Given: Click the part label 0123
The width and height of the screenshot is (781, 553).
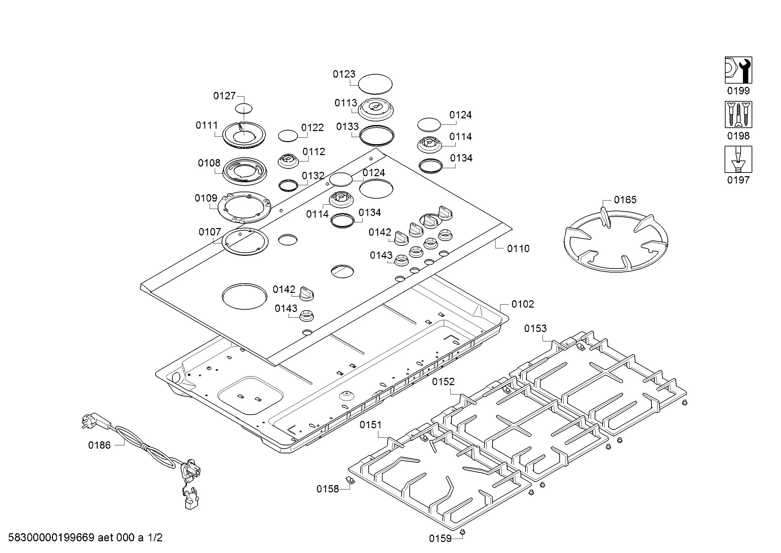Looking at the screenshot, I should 344,74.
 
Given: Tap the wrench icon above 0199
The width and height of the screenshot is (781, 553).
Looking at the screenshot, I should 738,70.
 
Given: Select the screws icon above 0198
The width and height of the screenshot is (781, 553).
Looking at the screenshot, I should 738,114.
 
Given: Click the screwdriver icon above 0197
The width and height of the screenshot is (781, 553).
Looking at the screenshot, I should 738,159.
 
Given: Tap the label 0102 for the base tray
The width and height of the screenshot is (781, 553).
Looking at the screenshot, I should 523,304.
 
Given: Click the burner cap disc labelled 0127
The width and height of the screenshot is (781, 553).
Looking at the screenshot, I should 244,109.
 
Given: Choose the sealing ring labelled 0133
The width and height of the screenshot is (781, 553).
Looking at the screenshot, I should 377,136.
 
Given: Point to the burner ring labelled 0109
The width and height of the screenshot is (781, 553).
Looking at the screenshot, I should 244,208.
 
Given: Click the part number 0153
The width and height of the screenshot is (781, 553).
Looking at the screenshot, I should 535,328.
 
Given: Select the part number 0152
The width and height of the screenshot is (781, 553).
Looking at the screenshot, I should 443,382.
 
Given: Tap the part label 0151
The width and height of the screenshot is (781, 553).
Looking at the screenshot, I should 370,425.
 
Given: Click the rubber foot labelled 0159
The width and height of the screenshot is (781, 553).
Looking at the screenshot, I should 462,532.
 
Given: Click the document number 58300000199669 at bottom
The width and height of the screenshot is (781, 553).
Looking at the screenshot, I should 51,538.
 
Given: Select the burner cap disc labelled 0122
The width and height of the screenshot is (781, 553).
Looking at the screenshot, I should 288,135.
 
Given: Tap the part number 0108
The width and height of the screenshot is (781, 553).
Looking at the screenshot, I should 209,163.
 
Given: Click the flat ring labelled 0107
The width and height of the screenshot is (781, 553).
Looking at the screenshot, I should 245,242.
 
